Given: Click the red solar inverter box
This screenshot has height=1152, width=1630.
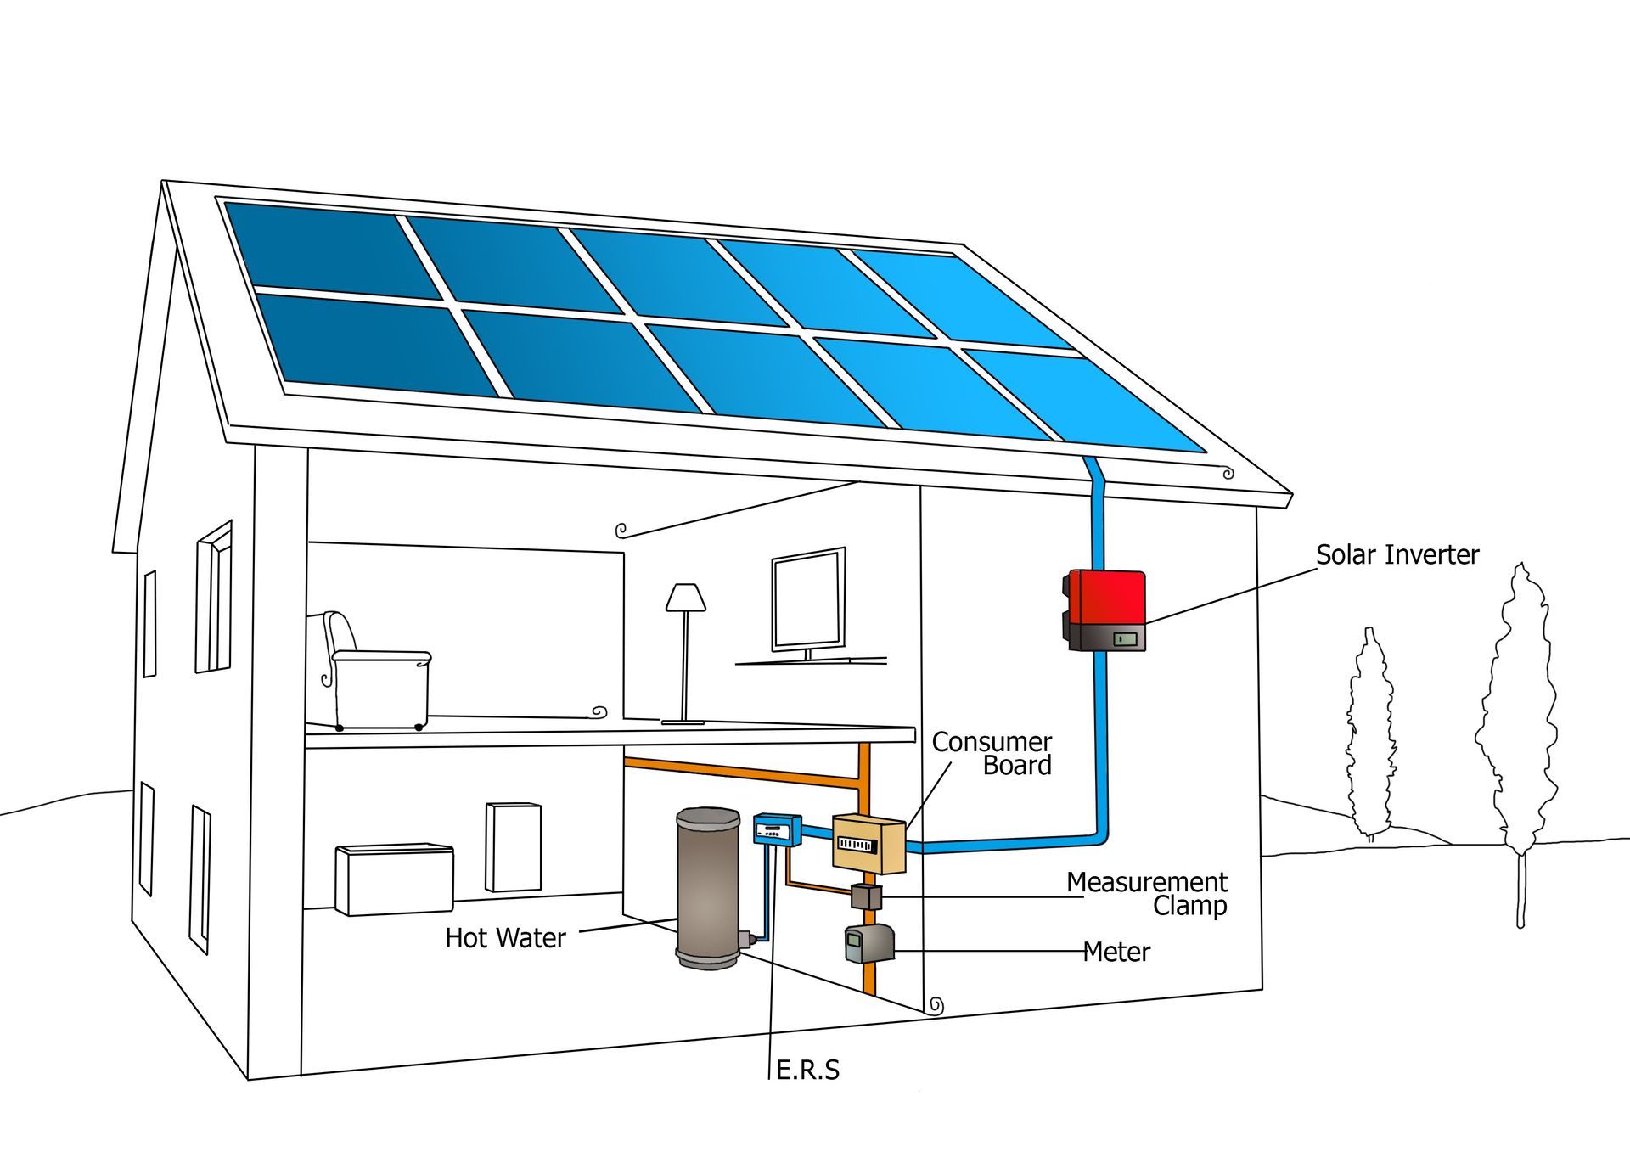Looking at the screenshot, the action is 1105,610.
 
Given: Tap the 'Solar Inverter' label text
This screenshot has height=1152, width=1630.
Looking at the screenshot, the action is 1397,554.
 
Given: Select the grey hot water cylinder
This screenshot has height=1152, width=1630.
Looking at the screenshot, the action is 707,888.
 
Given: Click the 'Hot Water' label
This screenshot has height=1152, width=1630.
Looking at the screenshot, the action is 505,938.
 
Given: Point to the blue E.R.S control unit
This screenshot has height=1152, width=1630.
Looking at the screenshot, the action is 778,829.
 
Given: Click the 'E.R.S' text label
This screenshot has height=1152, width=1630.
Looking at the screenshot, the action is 808,1070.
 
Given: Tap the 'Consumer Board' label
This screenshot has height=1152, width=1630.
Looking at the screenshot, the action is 992,753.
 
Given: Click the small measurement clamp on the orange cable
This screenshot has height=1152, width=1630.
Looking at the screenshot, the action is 867,896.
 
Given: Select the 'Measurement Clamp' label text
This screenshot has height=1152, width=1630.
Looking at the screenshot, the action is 1147,893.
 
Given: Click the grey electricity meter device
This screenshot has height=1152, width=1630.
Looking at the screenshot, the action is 869,944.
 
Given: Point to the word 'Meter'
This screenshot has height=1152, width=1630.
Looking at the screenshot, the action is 1116,952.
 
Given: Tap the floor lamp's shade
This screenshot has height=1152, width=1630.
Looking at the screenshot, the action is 685,597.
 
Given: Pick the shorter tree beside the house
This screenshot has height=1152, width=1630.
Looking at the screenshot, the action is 1370,734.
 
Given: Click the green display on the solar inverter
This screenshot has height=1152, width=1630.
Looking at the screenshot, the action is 1126,638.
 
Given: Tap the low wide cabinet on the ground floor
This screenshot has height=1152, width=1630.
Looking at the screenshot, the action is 394,879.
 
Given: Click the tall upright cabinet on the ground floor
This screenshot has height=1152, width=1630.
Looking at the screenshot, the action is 514,846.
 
